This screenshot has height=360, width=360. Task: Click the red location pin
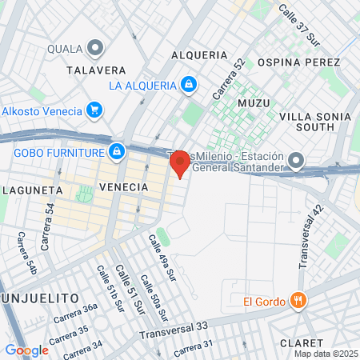180,164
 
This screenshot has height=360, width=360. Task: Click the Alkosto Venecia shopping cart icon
94,110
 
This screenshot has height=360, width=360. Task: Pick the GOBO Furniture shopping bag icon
117,151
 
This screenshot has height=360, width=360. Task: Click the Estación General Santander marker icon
297,162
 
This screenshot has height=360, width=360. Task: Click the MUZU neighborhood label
254,102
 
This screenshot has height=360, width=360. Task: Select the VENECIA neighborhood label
123,186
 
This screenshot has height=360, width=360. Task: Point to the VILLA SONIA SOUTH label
314,122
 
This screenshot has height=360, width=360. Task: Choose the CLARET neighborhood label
301,342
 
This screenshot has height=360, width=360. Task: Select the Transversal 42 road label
310,236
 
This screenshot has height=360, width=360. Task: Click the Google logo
26,350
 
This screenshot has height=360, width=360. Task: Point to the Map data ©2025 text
326,354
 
